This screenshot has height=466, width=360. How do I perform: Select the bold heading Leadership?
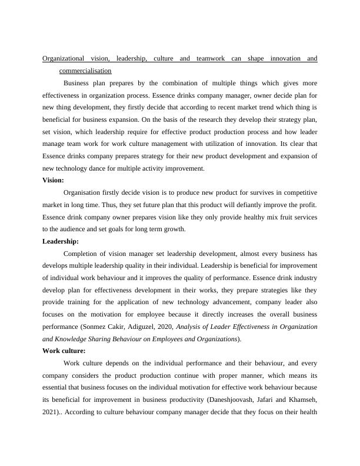(61, 241)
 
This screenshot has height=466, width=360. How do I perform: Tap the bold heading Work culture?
(64, 351)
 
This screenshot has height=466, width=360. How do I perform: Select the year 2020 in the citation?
(164, 327)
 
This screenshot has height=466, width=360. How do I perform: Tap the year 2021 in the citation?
(53, 412)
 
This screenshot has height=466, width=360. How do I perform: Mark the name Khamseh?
(301, 401)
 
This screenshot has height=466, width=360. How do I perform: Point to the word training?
(79, 302)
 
